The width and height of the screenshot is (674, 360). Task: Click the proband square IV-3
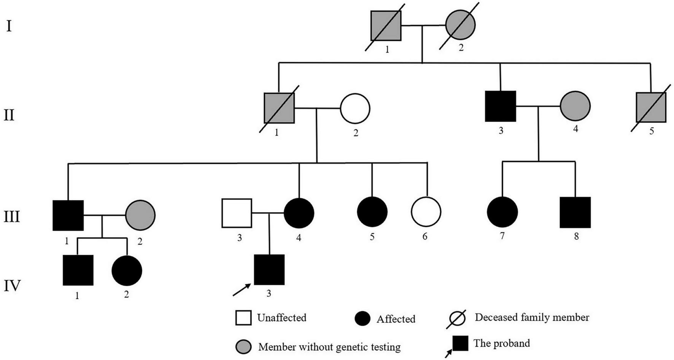(269, 270)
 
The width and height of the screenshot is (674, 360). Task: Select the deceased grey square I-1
(386, 26)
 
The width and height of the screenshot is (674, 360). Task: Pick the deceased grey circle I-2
(460, 25)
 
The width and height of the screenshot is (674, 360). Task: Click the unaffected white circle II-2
(355, 108)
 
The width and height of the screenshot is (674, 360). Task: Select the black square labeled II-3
(501, 106)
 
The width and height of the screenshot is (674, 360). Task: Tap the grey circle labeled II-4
(575, 106)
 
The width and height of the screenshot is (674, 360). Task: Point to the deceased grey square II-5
(651, 107)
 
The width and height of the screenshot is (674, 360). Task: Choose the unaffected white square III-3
(237, 213)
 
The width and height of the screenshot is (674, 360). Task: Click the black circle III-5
(372, 212)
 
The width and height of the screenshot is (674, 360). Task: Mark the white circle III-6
(426, 212)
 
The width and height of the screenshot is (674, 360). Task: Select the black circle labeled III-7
(502, 212)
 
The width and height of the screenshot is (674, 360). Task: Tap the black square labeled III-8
(575, 212)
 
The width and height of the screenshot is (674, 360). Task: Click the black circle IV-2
(127, 270)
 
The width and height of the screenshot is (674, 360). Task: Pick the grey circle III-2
(140, 215)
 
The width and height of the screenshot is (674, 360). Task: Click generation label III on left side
(11, 217)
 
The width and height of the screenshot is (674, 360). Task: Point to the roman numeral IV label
(12, 285)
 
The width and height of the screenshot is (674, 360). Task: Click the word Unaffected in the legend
(281, 318)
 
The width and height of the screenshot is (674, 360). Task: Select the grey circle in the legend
(243, 346)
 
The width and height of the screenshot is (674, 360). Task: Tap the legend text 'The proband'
(501, 343)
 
